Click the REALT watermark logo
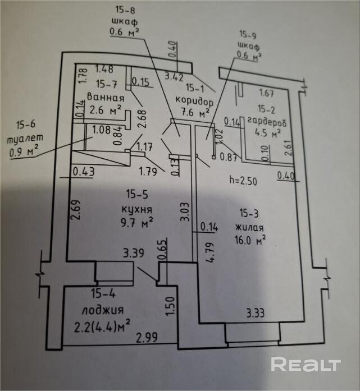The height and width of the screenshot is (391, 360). click(306, 364)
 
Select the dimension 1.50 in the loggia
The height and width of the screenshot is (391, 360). click(168, 309)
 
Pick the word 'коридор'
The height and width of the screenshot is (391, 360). click(194, 102)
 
